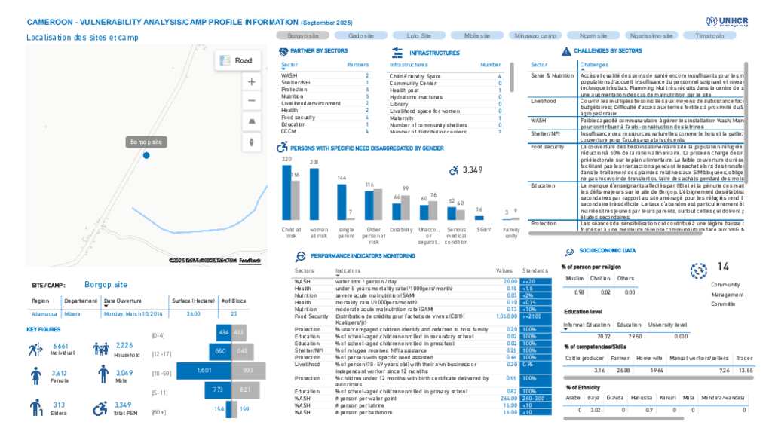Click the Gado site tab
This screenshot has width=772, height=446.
(x=362, y=35)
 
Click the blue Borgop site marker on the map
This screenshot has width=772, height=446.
(x=146, y=155)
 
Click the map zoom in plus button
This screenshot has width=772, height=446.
(x=251, y=82)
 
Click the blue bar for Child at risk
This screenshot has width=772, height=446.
(x=286, y=192)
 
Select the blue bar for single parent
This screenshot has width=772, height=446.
(x=342, y=201)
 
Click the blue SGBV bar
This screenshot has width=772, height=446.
(x=479, y=218)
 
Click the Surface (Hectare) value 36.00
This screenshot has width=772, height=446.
(x=194, y=313)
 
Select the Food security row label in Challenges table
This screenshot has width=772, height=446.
(x=544, y=146)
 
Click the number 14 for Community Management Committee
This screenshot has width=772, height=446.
(x=723, y=267)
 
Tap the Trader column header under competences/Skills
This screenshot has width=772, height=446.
(x=743, y=358)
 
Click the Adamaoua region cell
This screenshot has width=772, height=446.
(x=40, y=313)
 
